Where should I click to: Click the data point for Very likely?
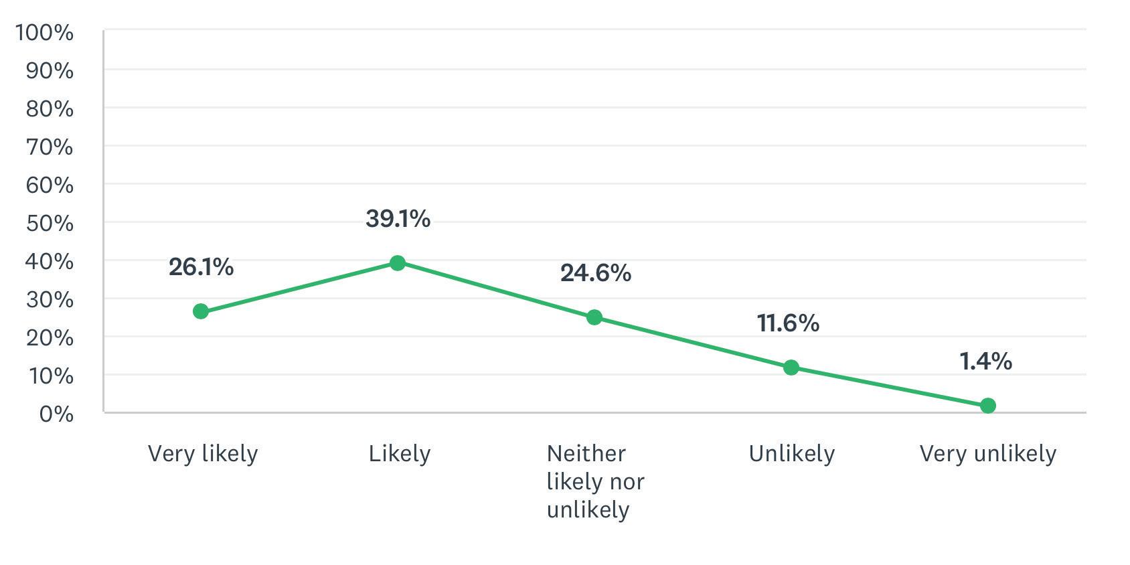click(201, 311)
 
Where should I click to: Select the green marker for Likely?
click(398, 263)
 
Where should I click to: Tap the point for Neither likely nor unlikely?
click(594, 317)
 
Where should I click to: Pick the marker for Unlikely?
click(791, 368)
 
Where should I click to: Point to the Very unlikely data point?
click(987, 406)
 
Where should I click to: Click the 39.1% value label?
click(398, 219)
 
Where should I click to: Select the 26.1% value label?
click(201, 267)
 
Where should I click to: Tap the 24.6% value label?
click(596, 273)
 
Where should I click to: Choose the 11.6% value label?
click(789, 323)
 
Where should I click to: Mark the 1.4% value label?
click(985, 361)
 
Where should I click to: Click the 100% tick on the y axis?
click(44, 33)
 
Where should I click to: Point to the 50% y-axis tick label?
click(50, 224)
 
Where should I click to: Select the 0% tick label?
click(56, 414)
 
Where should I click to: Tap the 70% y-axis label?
click(50, 147)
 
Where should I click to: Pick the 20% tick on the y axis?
click(50, 338)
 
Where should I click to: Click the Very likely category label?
click(203, 453)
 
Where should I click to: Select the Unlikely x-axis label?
click(791, 453)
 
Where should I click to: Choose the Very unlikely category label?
click(987, 453)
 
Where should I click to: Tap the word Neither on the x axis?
click(586, 453)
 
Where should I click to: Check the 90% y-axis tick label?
click(50, 71)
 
